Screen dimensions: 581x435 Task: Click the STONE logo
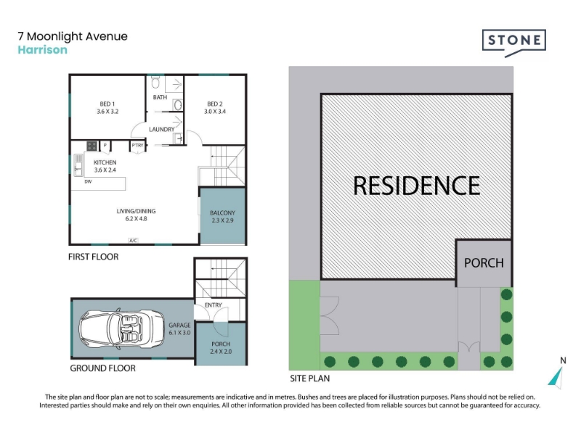coord(514,43)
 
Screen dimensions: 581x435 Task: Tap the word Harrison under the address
coord(43,49)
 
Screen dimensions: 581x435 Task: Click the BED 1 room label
coord(107,107)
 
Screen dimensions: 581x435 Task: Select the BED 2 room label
coord(215,107)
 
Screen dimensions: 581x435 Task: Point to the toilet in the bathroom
coord(155,83)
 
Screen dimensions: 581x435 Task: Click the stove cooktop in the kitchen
coord(92,146)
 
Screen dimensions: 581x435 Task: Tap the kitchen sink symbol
coord(78,165)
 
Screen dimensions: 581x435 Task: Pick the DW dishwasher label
coord(88,182)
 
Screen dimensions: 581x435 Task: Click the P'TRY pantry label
coord(137,146)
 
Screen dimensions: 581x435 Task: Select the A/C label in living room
coord(133,241)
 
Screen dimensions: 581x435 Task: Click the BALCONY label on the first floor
coord(222,216)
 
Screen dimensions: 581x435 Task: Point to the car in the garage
coord(121,329)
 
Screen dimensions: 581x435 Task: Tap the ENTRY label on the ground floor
coord(214,305)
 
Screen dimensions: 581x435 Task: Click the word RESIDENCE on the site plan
coord(416,186)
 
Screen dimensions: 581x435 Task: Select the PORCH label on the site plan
coord(484,263)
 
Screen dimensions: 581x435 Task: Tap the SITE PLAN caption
coord(310,378)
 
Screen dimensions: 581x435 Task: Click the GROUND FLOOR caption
coord(102,368)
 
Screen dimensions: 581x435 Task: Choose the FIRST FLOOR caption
coord(94,257)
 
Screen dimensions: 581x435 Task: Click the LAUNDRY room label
coord(161,130)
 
